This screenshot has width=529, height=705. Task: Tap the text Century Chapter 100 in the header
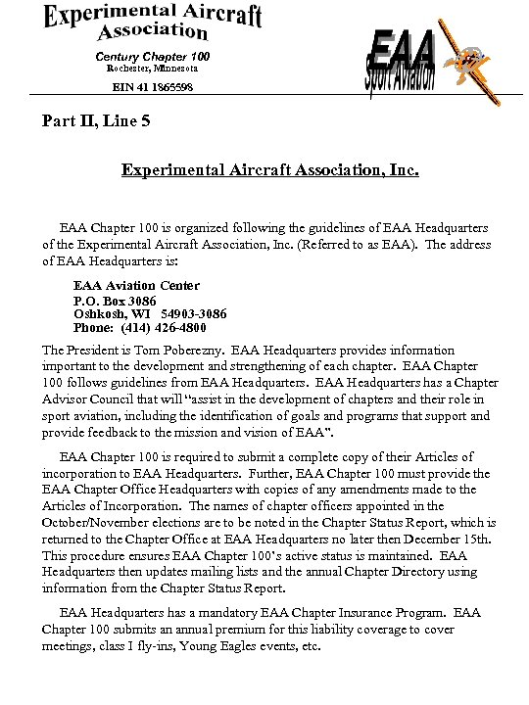pos(153,56)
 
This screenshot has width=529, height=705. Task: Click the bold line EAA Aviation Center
pos(137,286)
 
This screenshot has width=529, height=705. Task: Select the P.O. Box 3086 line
pos(115,300)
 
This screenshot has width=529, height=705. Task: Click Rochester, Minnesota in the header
pos(152,70)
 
